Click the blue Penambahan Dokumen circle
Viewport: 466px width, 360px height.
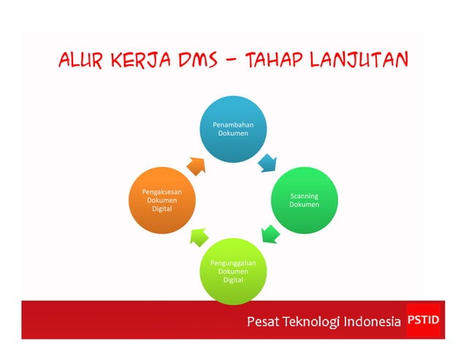pyautogui.click(x=233, y=129)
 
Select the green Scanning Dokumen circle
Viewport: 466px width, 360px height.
pyautogui.click(x=304, y=200)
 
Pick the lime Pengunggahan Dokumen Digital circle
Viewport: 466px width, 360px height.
pyautogui.click(x=233, y=270)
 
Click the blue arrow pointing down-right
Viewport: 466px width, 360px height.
pyautogui.click(x=269, y=162)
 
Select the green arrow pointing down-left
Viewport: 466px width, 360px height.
pyautogui.click(x=270, y=234)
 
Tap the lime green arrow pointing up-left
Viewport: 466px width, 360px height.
pyautogui.click(x=199, y=236)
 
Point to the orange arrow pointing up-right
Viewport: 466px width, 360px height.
pyautogui.click(x=196, y=164)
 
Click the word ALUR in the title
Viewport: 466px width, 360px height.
pyautogui.click(x=81, y=61)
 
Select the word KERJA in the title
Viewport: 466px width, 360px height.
pyautogui.click(x=142, y=61)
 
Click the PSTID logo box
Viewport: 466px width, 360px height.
pyautogui.click(x=424, y=320)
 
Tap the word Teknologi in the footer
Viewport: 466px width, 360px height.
pyautogui.click(x=312, y=322)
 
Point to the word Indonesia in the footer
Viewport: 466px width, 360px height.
pyautogui.click(x=373, y=321)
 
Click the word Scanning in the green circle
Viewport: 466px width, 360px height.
pyautogui.click(x=304, y=196)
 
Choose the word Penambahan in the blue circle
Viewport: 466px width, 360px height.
pyautogui.click(x=233, y=125)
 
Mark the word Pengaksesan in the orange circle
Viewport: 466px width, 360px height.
pyautogui.click(x=161, y=191)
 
